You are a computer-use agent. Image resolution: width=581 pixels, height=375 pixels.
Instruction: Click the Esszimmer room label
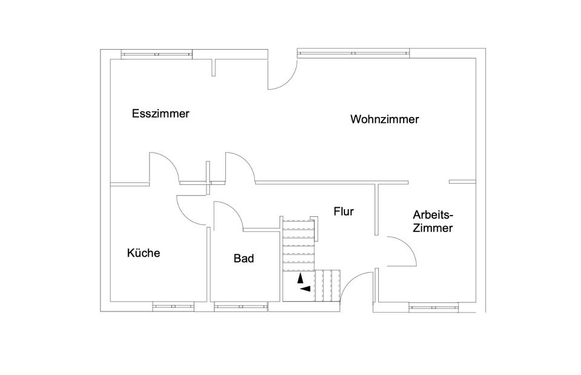pyautogui.click(x=160, y=113)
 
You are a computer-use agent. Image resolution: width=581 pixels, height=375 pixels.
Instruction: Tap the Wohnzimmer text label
pyautogui.click(x=385, y=119)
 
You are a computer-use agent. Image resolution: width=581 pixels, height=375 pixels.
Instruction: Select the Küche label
pyautogui.click(x=143, y=253)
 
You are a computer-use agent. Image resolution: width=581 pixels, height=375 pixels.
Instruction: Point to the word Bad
pyautogui.click(x=244, y=258)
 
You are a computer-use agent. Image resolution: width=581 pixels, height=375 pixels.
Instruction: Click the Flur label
pyautogui.click(x=344, y=211)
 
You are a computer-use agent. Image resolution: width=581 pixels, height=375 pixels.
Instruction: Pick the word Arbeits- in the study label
pyautogui.click(x=433, y=215)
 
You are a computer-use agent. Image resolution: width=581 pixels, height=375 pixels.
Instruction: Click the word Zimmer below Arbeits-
pyautogui.click(x=433, y=228)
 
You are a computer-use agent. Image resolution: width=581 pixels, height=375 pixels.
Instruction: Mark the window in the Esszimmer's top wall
pyautogui.click(x=157, y=54)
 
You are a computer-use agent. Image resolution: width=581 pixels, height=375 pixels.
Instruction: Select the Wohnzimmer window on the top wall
pyautogui.click(x=353, y=53)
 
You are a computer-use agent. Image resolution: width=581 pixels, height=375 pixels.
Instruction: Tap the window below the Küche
pyautogui.click(x=174, y=307)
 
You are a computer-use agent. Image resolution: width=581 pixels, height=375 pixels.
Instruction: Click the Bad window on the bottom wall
pyautogui.click(x=241, y=307)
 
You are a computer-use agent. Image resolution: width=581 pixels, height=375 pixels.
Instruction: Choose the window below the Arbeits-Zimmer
pyautogui.click(x=433, y=307)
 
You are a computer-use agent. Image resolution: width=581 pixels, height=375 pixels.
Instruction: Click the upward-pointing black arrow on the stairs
pyautogui.click(x=301, y=278)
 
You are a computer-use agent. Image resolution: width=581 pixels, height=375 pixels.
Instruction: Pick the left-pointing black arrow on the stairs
pyautogui.click(x=305, y=288)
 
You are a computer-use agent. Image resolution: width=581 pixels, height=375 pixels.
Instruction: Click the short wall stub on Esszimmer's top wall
pyautogui.click(x=214, y=67)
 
